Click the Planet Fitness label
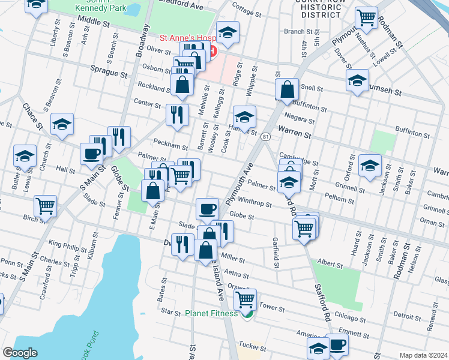coord(211,313)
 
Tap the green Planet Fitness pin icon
coord(246,314)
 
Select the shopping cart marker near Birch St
coord(46,206)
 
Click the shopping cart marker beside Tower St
coord(245,299)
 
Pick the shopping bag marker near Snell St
coord(288,89)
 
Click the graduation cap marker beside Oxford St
coord(370,164)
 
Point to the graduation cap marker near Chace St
coord(62,124)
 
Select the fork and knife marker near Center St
coord(176,114)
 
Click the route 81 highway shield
coord(265,137)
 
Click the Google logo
coord(20,353)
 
